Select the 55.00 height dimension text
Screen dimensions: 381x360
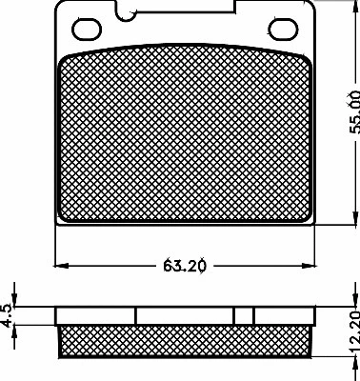[353, 112]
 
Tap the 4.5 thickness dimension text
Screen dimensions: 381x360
[8, 315]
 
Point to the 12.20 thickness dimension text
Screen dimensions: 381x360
[353, 333]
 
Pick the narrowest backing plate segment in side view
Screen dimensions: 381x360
[244, 315]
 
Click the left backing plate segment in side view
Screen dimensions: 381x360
[95, 315]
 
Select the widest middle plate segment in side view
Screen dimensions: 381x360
[185, 315]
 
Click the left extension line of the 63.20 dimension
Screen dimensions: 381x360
[55, 248]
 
